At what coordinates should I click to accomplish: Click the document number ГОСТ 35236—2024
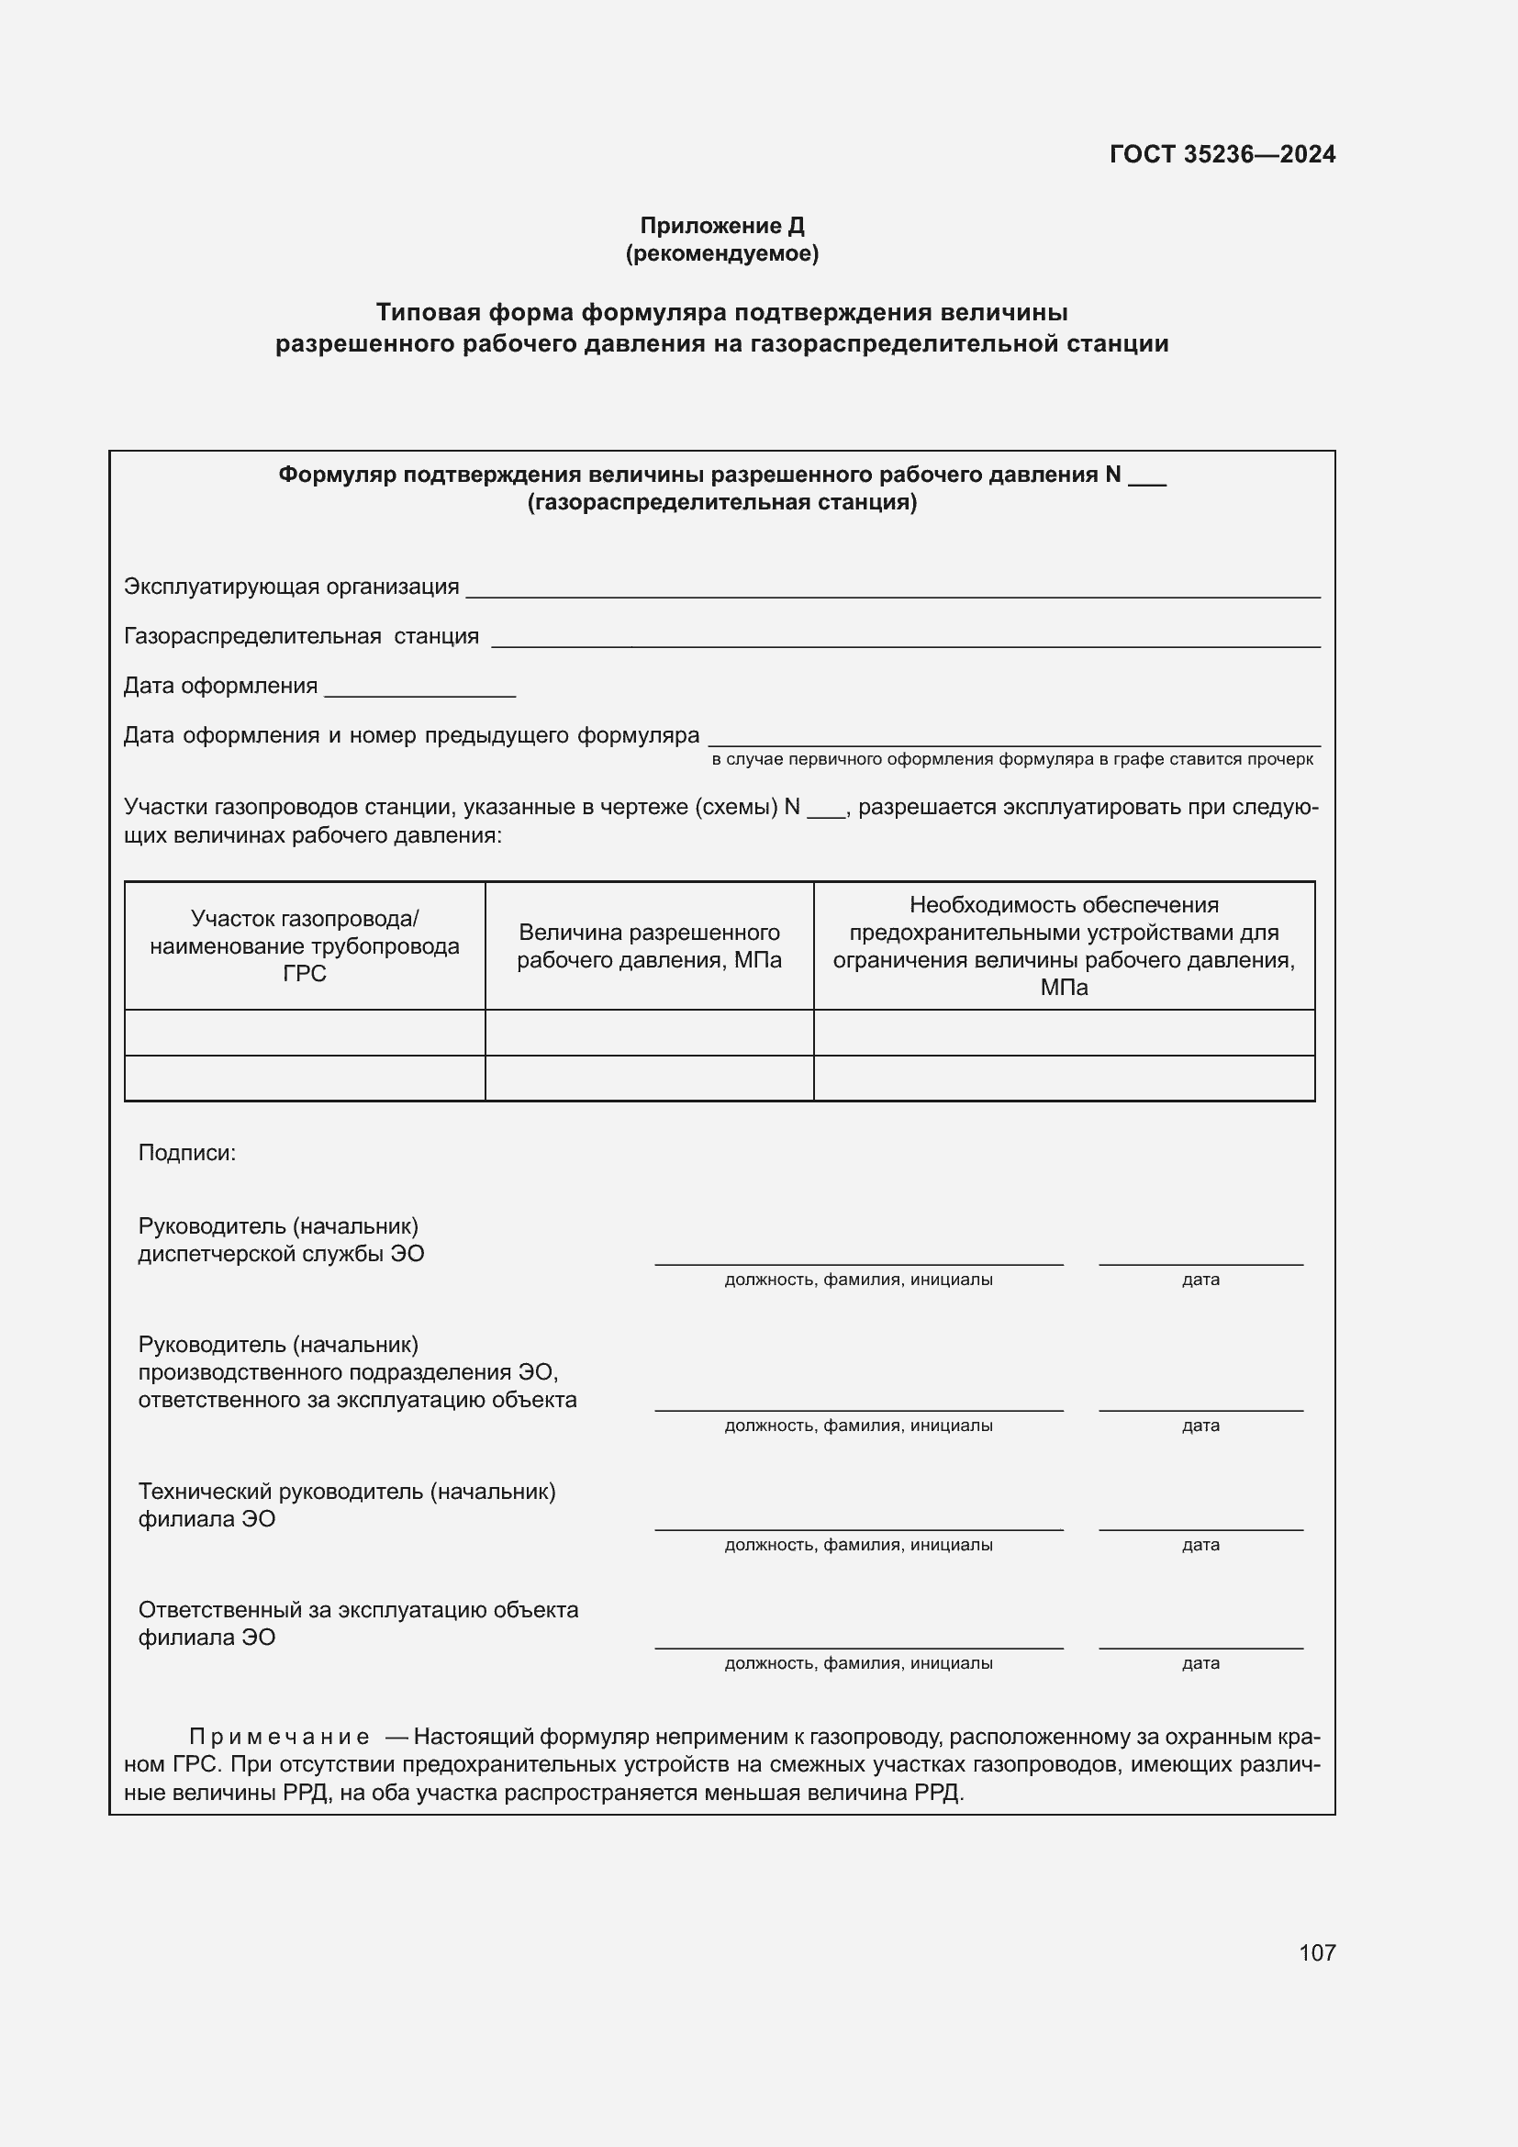click(x=1222, y=154)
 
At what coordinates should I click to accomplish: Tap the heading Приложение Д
click(x=721, y=226)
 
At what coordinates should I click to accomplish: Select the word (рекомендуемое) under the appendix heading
click(x=721, y=253)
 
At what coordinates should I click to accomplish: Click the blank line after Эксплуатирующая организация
click(x=893, y=589)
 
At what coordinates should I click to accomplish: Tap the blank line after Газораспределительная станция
click(x=905, y=639)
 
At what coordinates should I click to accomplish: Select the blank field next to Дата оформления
click(x=419, y=688)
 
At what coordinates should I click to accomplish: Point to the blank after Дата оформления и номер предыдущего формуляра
click(x=1013, y=738)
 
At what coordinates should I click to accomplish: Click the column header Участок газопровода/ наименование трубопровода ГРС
click(x=305, y=945)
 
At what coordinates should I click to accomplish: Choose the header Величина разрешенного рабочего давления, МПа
click(x=649, y=945)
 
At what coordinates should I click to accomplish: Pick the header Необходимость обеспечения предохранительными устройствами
click(x=1064, y=945)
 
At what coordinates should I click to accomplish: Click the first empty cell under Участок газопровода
click(x=305, y=1033)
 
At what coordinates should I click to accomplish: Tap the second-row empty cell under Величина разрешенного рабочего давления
click(x=649, y=1079)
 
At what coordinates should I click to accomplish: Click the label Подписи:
click(x=187, y=1153)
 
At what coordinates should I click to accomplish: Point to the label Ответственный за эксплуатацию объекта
click(x=358, y=1609)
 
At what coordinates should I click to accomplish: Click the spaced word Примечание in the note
click(x=279, y=1737)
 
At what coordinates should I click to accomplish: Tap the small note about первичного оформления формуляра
click(x=1011, y=759)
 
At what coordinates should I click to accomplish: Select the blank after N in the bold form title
click(x=1147, y=478)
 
